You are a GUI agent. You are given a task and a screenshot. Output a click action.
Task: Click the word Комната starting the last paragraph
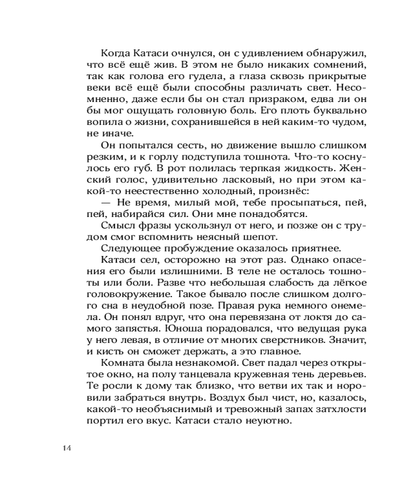coord(122,363)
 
